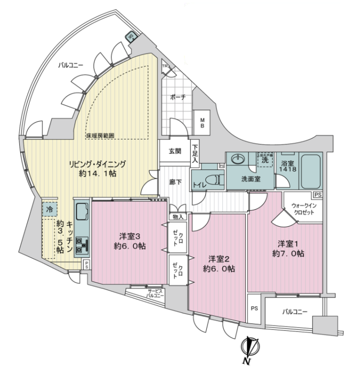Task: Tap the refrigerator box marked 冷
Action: [x=49, y=210]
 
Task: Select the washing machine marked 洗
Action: [x=264, y=159]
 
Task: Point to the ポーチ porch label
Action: [x=178, y=98]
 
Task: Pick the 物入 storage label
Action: [x=178, y=217]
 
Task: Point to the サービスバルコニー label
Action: [x=155, y=293]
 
